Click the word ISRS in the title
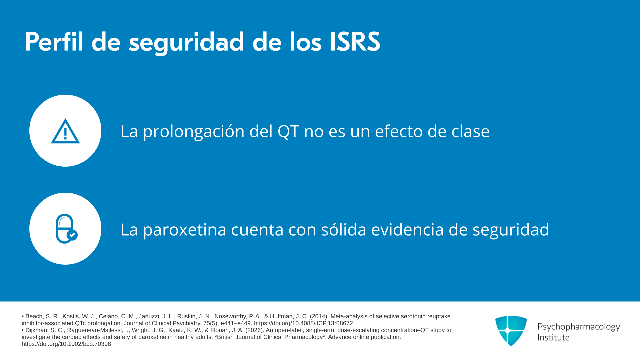pyautogui.click(x=355, y=42)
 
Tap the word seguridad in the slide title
pyautogui.click(x=187, y=43)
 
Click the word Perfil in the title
pyautogui.click(x=54, y=42)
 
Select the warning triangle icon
pyautogui.click(x=65, y=131)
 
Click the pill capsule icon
pyautogui.click(x=65, y=229)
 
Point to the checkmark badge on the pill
pyautogui.click(x=72, y=235)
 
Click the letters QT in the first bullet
pyautogui.click(x=288, y=131)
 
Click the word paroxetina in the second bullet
pyautogui.click(x=185, y=230)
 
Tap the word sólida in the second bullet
pyautogui.click(x=344, y=229)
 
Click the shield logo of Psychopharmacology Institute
pyautogui.click(x=511, y=331)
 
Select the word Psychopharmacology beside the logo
pyautogui.click(x=579, y=327)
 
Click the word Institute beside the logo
pyautogui.click(x=553, y=337)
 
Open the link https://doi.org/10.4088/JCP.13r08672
pyautogui.click(x=303, y=323)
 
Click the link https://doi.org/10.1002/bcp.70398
pyautogui.click(x=66, y=344)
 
